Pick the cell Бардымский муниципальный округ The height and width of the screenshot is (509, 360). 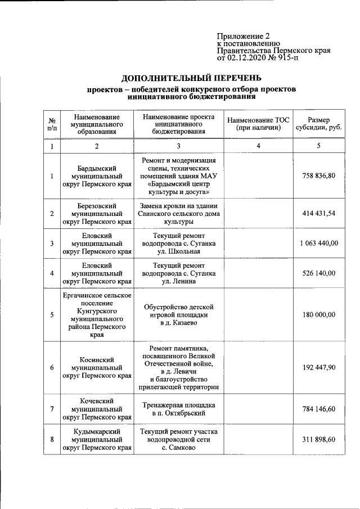click(97, 176)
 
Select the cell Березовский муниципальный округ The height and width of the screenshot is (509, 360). click(97, 214)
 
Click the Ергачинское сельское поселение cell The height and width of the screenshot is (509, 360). click(97, 315)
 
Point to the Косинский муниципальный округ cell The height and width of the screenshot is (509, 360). click(97, 367)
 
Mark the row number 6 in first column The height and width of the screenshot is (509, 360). click(52, 367)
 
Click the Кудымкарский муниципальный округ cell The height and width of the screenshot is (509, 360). click(97, 439)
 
